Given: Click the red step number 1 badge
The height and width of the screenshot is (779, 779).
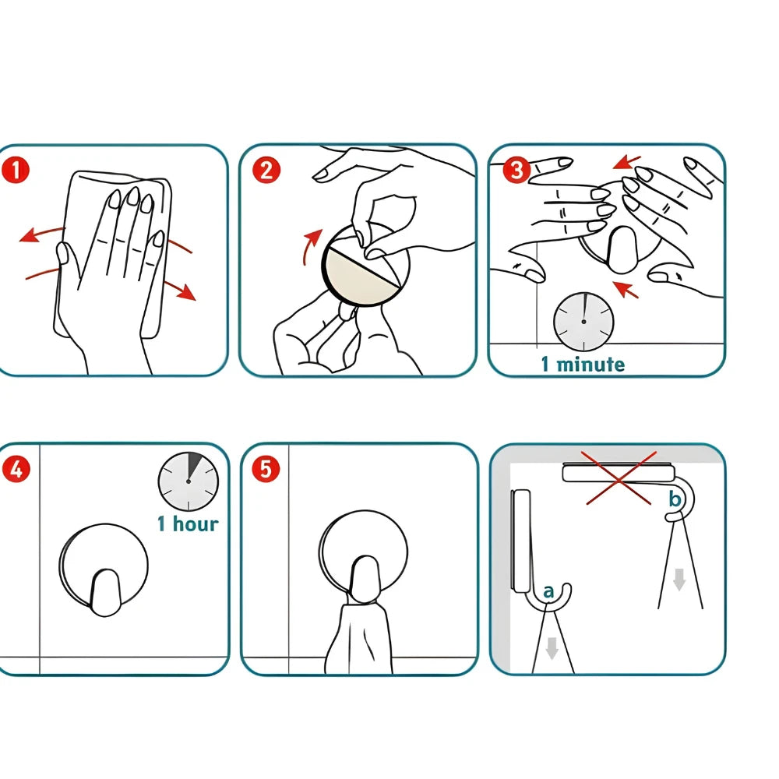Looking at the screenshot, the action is [16, 170].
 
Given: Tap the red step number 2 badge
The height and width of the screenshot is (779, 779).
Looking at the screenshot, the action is [266, 170].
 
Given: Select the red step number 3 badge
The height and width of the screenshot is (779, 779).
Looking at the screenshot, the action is [516, 170].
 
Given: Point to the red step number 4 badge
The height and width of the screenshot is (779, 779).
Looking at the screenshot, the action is [16, 469].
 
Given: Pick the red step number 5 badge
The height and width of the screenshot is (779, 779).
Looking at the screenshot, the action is [266, 469].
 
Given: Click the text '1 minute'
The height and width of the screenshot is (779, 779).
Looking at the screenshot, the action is [583, 364].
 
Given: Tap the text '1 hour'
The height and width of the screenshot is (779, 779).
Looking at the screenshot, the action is [188, 524].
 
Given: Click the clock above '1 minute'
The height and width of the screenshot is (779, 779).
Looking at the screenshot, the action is [583, 322].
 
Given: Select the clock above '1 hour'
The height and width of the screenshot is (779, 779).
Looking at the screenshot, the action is [189, 481].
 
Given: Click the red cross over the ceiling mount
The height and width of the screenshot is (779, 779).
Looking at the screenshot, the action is [619, 478].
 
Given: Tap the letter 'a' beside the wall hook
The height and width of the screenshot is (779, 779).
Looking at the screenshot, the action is [548, 592].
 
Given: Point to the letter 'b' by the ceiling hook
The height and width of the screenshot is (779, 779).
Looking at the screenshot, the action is [675, 499].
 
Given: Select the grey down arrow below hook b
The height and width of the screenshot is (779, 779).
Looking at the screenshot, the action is [679, 580].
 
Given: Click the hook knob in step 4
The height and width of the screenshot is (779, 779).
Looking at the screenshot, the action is [104, 592].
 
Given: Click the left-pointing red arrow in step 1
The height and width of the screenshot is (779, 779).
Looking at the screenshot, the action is [42, 234].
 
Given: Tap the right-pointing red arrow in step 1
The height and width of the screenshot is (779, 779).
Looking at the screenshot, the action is [180, 290].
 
